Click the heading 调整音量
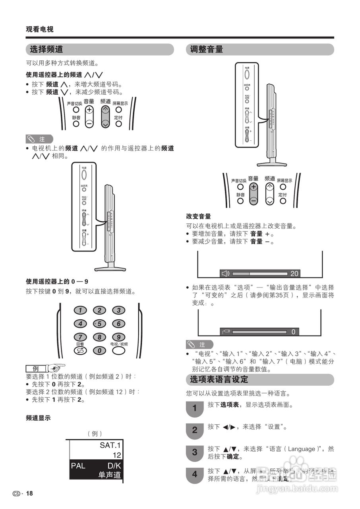coord(206,49)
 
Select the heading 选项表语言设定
coord(219,379)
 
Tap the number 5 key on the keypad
coord(99,324)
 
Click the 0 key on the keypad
coord(99,350)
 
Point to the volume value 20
coord(294,274)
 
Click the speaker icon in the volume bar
coord(225,273)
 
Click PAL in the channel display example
coord(78,466)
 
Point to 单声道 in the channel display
coord(110,475)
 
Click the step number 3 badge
coord(194,452)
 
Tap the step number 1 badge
coord(194,408)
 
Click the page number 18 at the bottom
coord(29,493)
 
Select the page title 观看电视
coord(39,29)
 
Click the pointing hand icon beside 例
coord(56,367)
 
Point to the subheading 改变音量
coord(198,217)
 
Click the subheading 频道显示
coord(38,418)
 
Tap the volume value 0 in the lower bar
coord(293,332)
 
